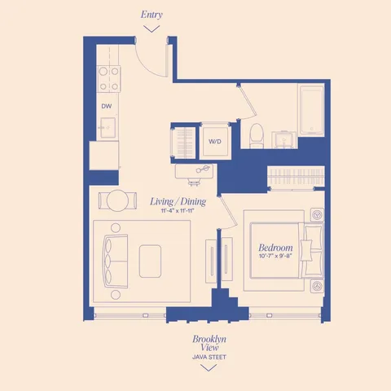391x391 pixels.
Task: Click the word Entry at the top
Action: pyautogui.click(x=151, y=14)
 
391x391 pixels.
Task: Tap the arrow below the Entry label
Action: pyautogui.click(x=151, y=29)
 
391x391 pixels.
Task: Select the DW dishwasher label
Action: pyautogui.click(x=107, y=107)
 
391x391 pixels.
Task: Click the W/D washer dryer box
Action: pyautogui.click(x=215, y=141)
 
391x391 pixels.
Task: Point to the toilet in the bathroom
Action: pyautogui.click(x=256, y=137)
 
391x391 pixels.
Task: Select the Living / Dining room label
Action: pyautogui.click(x=178, y=201)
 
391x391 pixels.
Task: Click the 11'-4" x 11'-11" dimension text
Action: pyautogui.click(x=178, y=211)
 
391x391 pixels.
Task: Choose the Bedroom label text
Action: pyautogui.click(x=275, y=248)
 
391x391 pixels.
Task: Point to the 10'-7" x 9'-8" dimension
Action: pyautogui.click(x=275, y=257)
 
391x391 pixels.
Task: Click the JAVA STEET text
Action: pyautogui.click(x=209, y=357)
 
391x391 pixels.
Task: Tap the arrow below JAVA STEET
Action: pyautogui.click(x=209, y=367)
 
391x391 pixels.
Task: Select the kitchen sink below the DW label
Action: pyautogui.click(x=107, y=127)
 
